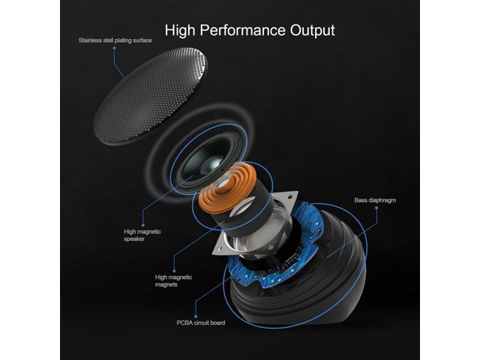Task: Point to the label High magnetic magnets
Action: (173, 280)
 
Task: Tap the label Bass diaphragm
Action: (376, 200)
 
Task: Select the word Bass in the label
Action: (361, 200)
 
